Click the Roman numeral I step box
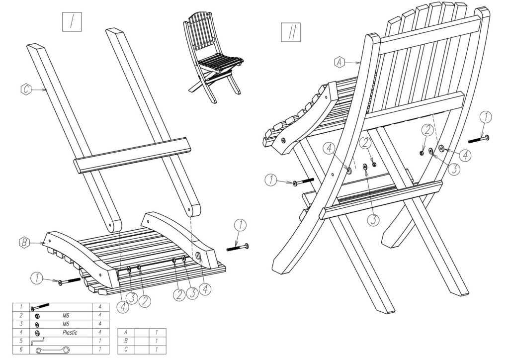pos(72,21)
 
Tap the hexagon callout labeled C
pos(26,90)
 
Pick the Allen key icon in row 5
pos(38,341)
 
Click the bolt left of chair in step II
pos(303,182)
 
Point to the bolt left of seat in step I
pos(69,281)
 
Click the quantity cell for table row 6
pos(100,351)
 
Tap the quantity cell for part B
pos(157,341)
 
